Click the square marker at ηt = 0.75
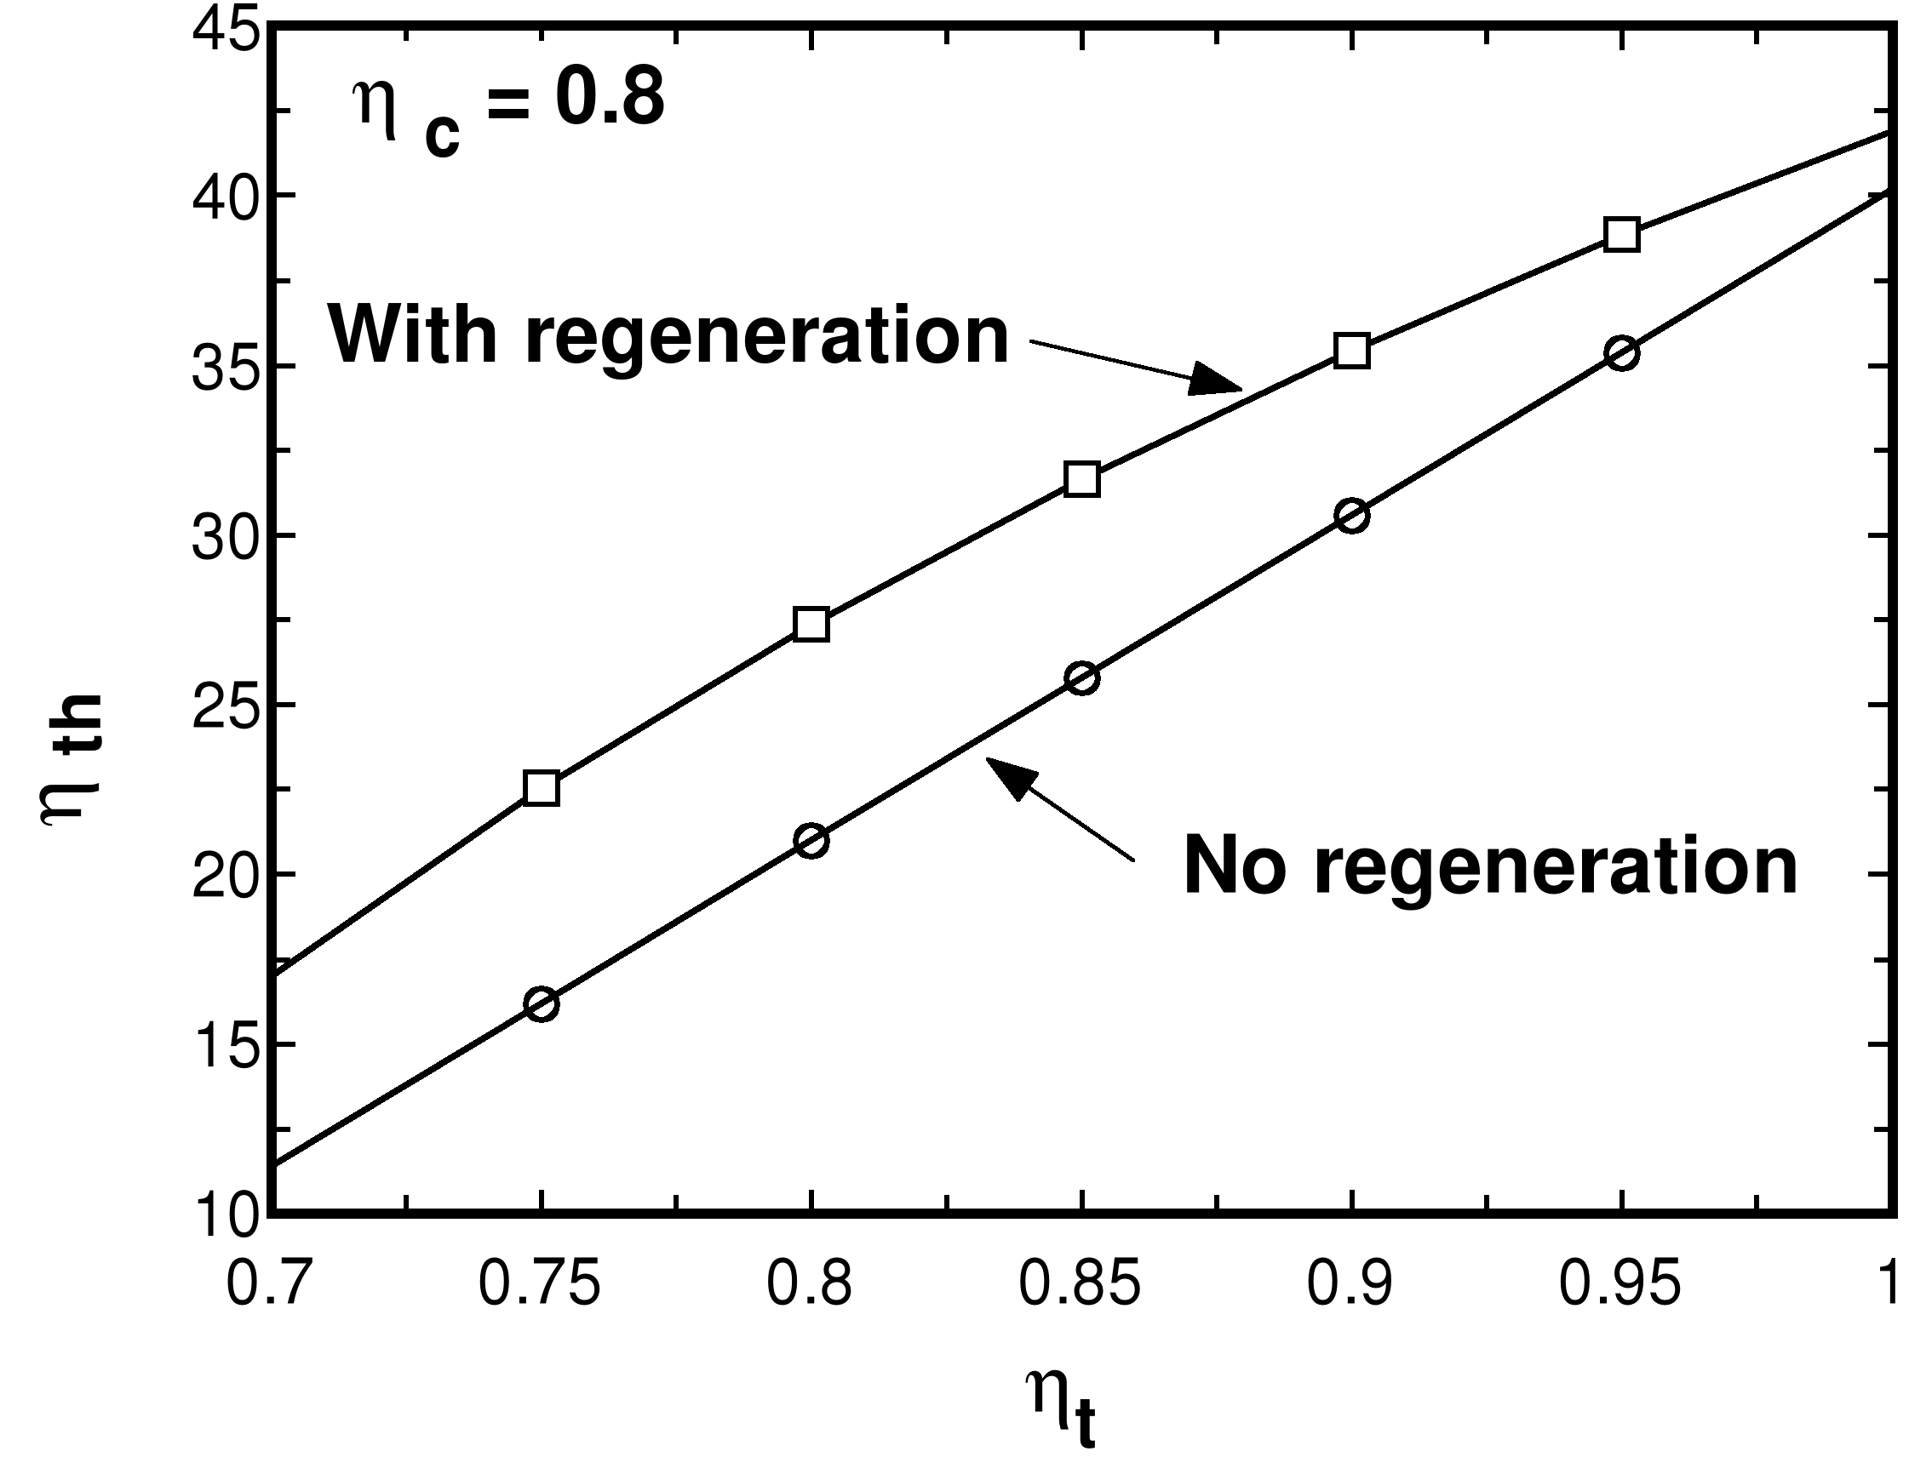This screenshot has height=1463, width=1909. (x=541, y=788)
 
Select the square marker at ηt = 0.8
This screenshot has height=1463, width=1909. (x=811, y=625)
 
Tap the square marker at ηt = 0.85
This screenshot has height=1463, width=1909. (x=1082, y=480)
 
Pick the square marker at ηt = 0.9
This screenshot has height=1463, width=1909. (x=1352, y=351)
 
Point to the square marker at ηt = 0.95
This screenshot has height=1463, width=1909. (x=1621, y=235)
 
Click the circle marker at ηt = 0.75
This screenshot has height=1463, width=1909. (x=541, y=1004)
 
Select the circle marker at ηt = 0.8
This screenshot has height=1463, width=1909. (x=811, y=841)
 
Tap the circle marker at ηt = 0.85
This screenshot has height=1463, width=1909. (x=1082, y=678)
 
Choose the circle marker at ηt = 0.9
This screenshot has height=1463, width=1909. (x=1352, y=517)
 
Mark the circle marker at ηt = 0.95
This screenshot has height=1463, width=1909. (x=1621, y=353)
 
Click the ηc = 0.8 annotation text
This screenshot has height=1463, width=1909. (x=508, y=109)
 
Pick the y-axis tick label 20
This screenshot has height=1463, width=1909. (x=225, y=875)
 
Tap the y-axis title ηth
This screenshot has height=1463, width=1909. (x=74, y=757)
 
